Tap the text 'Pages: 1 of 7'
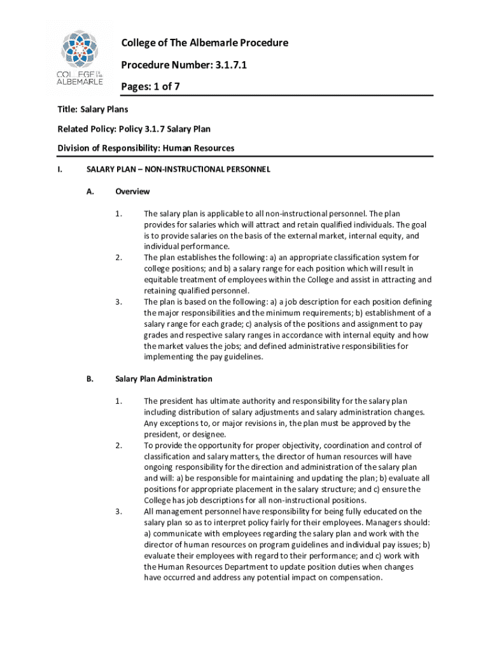pos(151,87)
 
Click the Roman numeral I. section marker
pos(60,169)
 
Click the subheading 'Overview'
pos(132,191)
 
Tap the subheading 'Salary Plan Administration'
pos(164,379)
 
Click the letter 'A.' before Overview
pos(90,191)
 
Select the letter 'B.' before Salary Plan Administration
pos(90,379)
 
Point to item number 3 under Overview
pos(118,301)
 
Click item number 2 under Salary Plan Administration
pos(118,445)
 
